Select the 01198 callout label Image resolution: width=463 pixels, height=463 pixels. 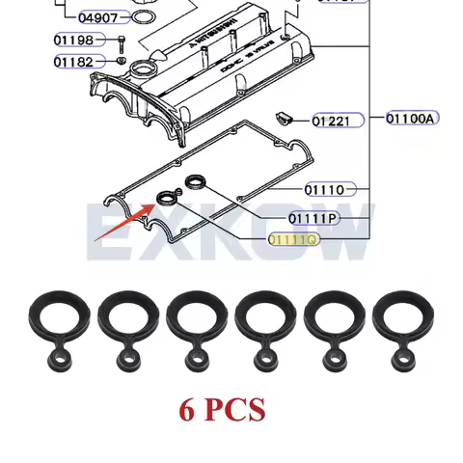[74, 41]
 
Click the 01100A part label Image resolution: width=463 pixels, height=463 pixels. [411, 119]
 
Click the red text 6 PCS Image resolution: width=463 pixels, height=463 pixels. [222, 409]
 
